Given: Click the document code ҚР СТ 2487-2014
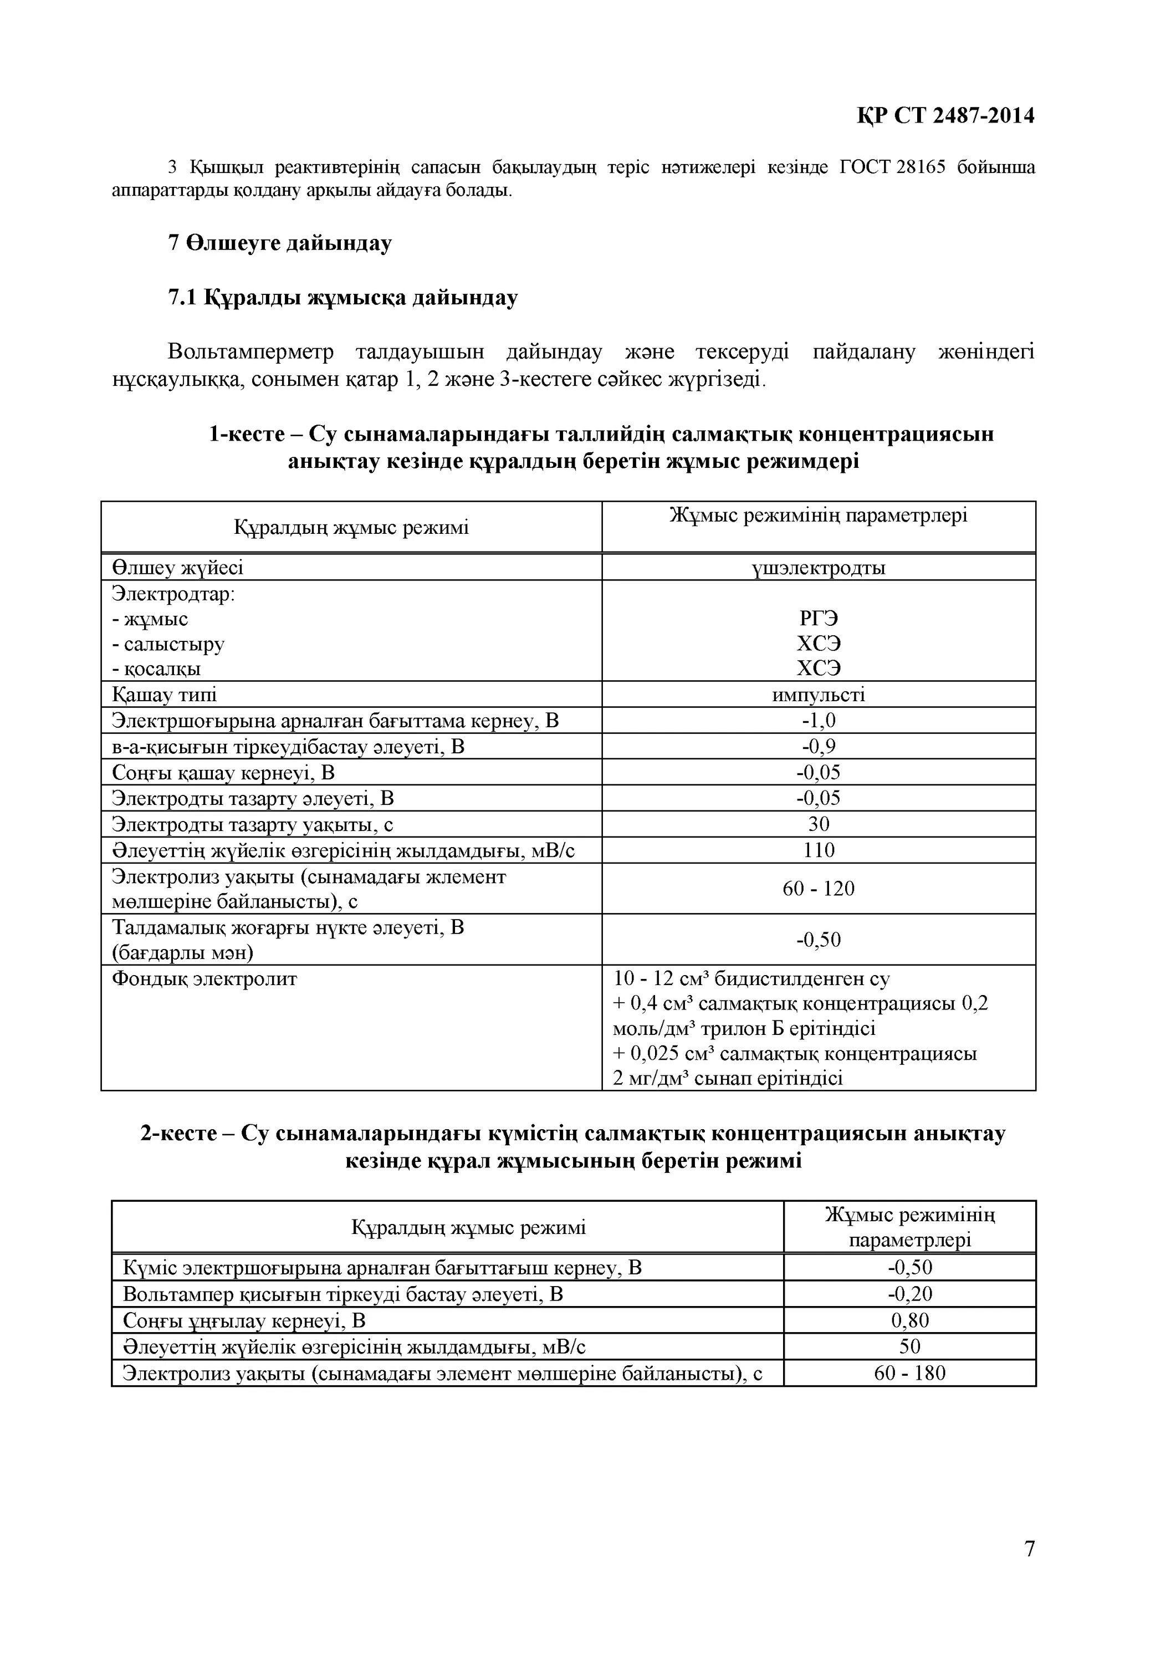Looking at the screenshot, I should coord(945,115).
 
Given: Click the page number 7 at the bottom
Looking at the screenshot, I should coord(1030,1568).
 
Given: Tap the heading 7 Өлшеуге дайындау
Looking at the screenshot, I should coord(279,243).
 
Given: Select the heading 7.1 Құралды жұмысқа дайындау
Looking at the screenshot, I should coord(342,298).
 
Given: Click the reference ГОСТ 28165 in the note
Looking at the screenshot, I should coord(892,167).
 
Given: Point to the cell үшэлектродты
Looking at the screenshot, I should coord(819,567).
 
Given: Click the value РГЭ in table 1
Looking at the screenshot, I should coord(819,619).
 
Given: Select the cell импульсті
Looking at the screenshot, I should coord(819,695).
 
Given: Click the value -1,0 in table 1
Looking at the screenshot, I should coord(819,721).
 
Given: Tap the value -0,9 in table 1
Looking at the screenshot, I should coord(819,746).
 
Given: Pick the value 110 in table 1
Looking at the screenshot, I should coord(819,850).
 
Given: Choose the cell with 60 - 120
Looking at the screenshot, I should coord(819,888).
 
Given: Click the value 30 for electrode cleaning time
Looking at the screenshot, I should coord(819,824).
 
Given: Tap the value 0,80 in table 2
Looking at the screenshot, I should coord(909,1320).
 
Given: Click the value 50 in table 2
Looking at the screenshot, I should coord(909,1346).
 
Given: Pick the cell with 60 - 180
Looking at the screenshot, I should coord(909,1373).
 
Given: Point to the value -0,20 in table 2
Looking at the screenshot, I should coord(909,1294).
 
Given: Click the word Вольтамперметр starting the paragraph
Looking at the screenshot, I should coord(250,352).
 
